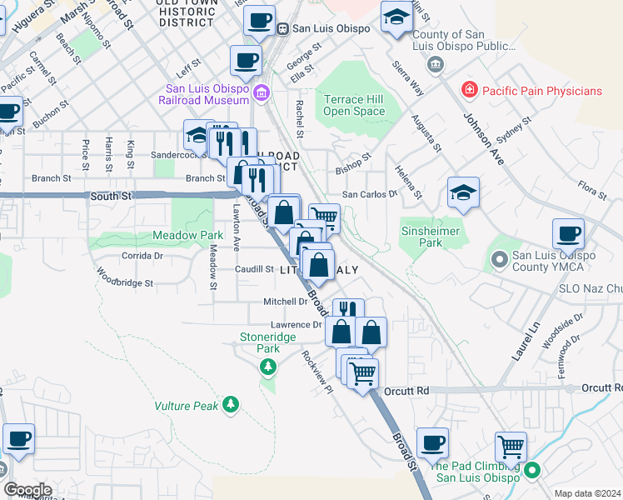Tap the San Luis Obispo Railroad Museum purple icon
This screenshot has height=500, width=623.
(263, 91)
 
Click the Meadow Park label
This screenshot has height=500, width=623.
(187, 236)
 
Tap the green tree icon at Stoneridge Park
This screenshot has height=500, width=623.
(267, 367)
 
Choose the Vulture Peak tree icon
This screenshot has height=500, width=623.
(230, 406)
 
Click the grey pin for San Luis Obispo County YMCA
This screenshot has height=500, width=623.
(500, 261)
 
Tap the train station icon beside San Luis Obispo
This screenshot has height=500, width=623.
(283, 27)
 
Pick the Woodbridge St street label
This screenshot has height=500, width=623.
(125, 277)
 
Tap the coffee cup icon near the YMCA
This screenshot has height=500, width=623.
(568, 233)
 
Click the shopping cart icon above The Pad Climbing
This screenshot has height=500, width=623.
(511, 446)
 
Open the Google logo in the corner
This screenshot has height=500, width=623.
(27, 490)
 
